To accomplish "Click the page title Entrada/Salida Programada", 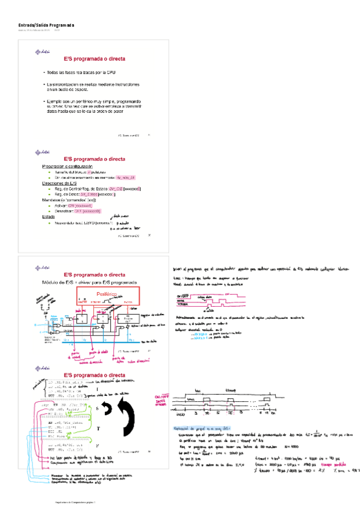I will [46, 25].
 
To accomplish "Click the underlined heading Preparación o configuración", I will [67, 166].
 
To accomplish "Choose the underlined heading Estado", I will [48, 216].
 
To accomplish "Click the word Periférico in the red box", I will [107, 295].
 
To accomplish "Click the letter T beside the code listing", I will [97, 428].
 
